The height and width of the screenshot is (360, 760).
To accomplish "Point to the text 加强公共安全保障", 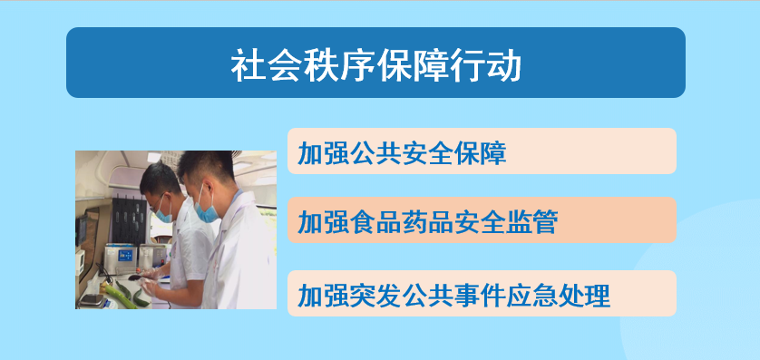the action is coord(403,152).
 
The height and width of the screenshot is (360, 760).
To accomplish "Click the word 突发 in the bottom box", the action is coord(375,295).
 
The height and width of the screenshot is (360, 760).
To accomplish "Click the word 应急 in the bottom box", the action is coord(532,295).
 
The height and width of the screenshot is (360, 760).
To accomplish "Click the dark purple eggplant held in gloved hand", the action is coord(137,277).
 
